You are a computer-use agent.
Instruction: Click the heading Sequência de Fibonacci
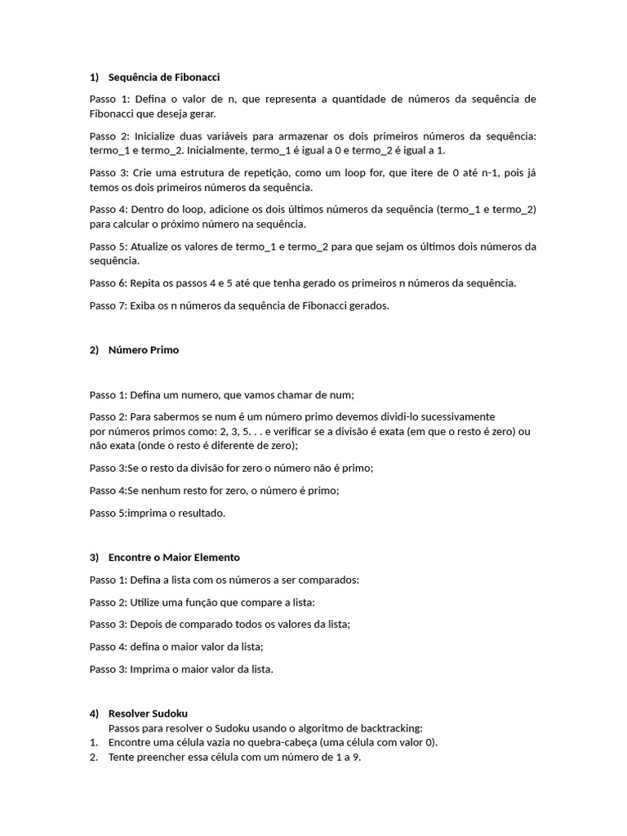164,78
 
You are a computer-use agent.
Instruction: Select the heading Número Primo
143,350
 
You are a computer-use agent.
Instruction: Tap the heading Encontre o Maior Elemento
174,558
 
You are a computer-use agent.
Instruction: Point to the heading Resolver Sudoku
148,714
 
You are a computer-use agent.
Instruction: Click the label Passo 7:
108,306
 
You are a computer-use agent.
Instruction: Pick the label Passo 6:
108,283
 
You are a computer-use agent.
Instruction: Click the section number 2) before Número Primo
94,350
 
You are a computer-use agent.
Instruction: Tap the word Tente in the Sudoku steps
122,758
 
